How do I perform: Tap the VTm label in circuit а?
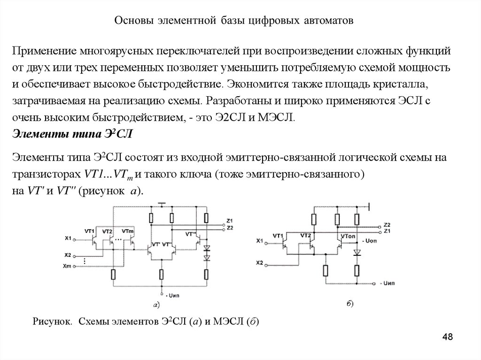127,231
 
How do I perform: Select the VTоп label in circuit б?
349,235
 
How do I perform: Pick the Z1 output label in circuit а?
229,221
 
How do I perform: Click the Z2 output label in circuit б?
387,224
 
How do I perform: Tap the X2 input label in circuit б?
260,262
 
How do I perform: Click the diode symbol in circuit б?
357,253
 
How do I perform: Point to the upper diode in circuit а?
206,247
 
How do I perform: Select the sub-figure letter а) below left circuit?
156,306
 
